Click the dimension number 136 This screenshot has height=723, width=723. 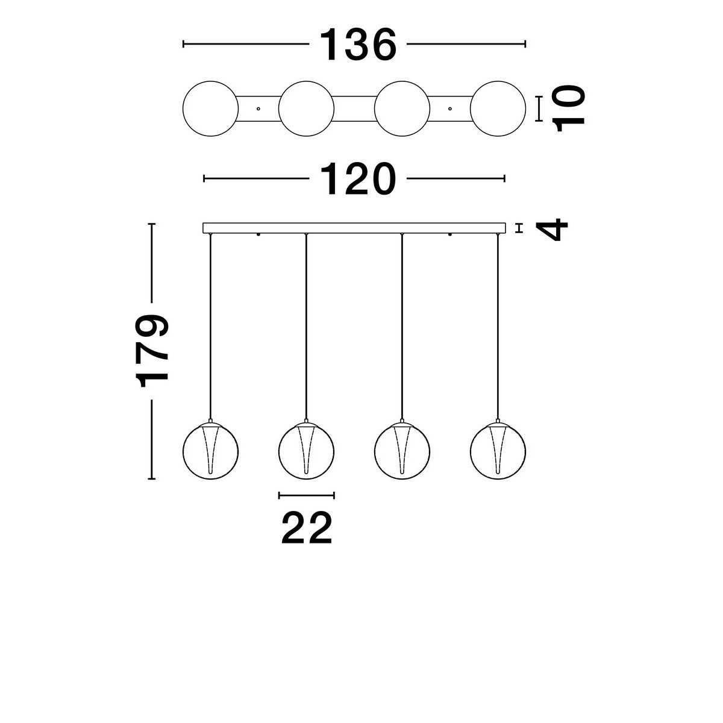tap(358, 45)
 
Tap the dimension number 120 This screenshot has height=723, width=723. tap(358, 179)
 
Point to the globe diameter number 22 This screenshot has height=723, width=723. tap(307, 528)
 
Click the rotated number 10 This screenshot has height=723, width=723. tap(569, 108)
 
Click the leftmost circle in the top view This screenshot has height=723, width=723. tap(210, 108)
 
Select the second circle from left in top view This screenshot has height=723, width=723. tap(306, 108)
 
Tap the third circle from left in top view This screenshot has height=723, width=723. tap(402, 108)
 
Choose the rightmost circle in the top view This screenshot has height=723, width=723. tap(498, 108)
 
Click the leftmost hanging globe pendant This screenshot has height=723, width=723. tap(210, 451)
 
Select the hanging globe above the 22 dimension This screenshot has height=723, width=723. tap(306, 451)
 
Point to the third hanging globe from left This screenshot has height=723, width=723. tap(402, 451)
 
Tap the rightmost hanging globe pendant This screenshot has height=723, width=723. tap(498, 451)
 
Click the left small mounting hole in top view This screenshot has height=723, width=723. tap(258, 108)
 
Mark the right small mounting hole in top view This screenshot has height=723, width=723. tap(450, 108)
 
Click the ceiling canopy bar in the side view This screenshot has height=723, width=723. tap(354, 228)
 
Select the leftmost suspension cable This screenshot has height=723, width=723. tap(210, 325)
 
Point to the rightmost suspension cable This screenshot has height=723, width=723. tap(498, 325)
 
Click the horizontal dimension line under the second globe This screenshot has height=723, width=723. tap(306, 495)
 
